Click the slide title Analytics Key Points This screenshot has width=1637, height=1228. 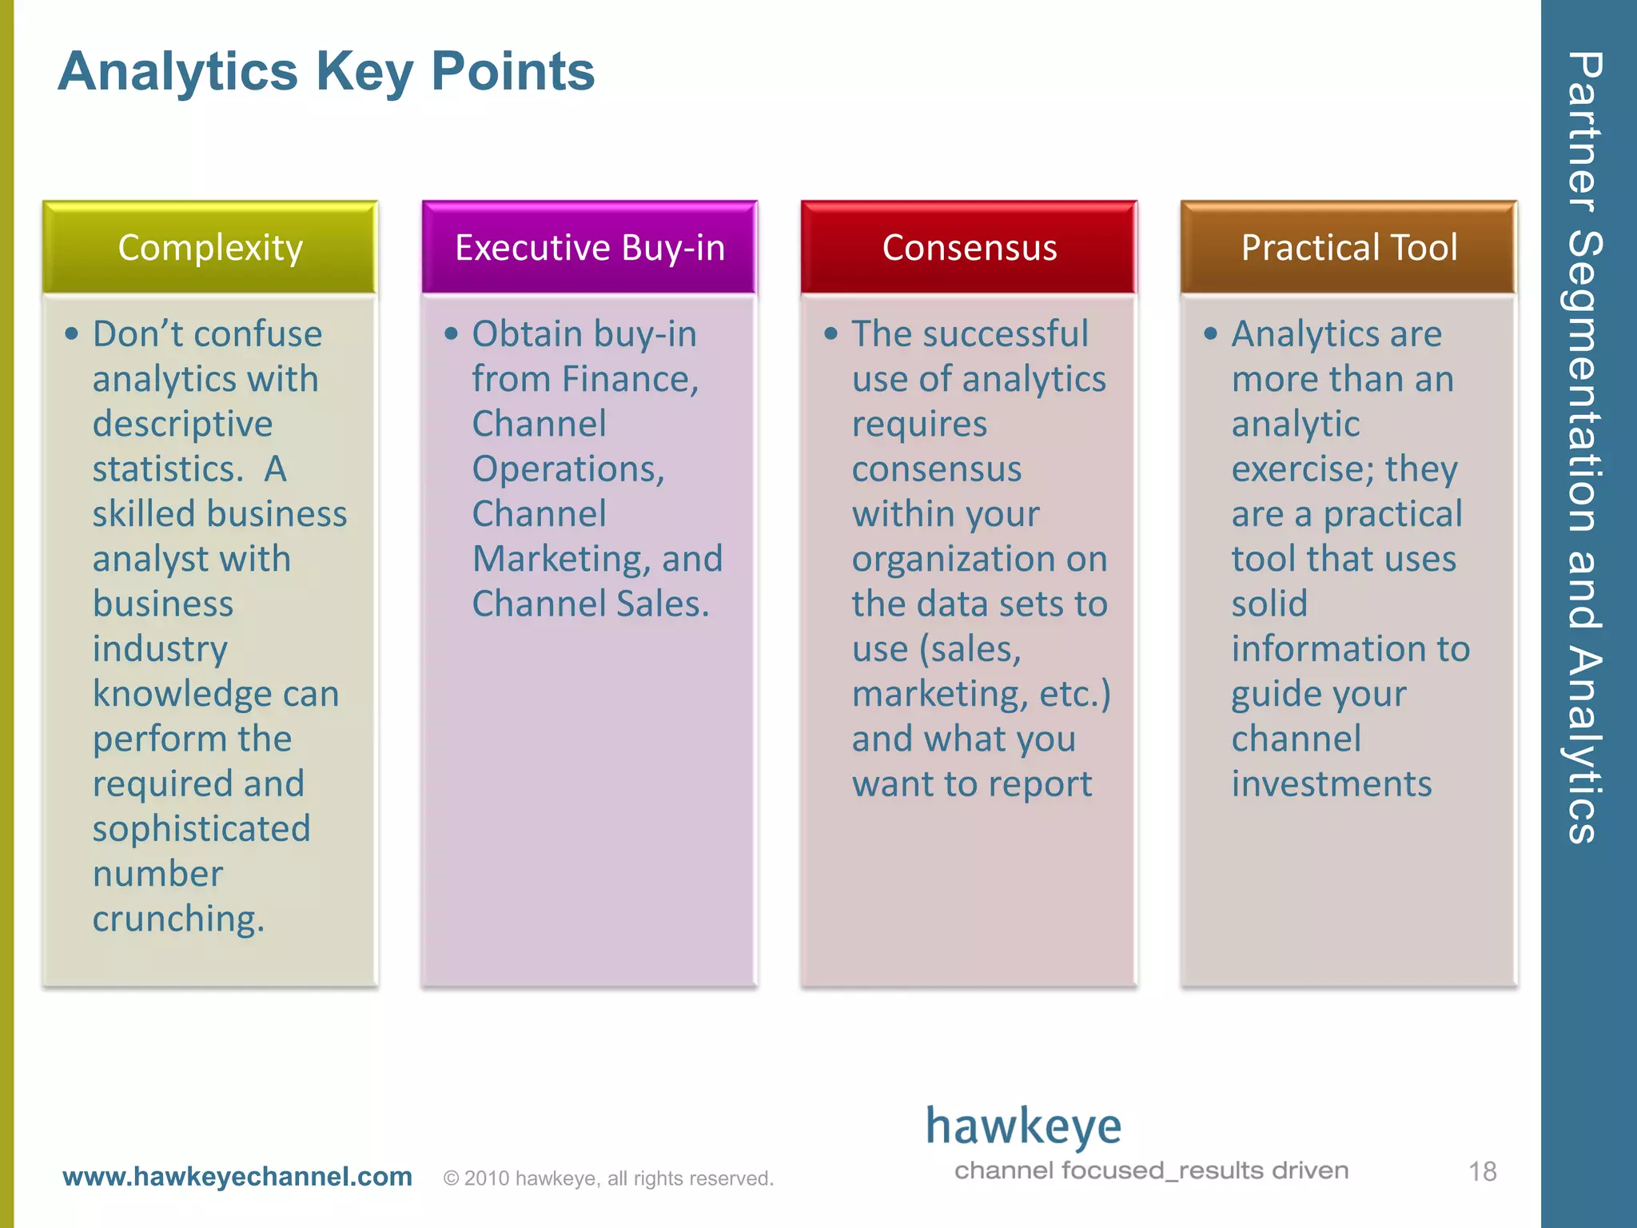pyautogui.click(x=326, y=72)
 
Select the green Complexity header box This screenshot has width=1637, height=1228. pyautogui.click(x=210, y=248)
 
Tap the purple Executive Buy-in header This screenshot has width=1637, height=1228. pyautogui.click(x=590, y=248)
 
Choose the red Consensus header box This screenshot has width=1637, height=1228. pyautogui.click(x=969, y=248)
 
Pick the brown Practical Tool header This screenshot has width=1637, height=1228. pyautogui.click(x=1348, y=248)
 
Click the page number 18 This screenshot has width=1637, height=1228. pyautogui.click(x=1482, y=1172)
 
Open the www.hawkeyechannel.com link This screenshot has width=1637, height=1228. pyautogui.click(x=237, y=1177)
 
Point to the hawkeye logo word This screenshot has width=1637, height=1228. pyautogui.click(x=1023, y=1127)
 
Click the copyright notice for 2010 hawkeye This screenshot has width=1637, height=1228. pyautogui.click(x=608, y=1178)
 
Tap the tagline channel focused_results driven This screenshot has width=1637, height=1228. pyautogui.click(x=1151, y=1171)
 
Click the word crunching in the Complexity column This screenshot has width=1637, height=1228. pyautogui.click(x=177, y=919)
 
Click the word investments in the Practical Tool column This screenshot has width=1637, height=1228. pyautogui.click(x=1332, y=784)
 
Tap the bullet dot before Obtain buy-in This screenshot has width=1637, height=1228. pyautogui.click(x=452, y=334)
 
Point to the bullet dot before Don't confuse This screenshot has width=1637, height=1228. pyautogui.click(x=72, y=334)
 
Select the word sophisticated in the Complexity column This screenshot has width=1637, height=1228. pyautogui.click(x=201, y=829)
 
